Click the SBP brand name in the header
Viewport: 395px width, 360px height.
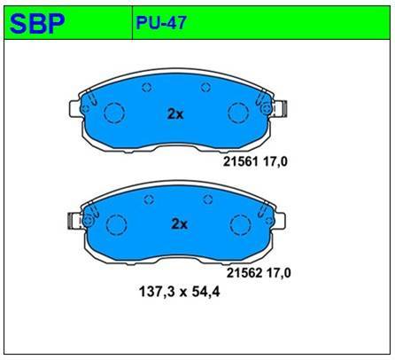coord(37,24)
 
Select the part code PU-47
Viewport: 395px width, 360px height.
coord(161,22)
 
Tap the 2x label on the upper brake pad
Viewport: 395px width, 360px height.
coord(175,113)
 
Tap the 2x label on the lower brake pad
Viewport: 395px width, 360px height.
coord(180,224)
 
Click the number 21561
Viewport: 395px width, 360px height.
coord(241,161)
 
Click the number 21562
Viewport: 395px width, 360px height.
coord(244,273)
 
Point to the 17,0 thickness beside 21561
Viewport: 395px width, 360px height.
coord(275,162)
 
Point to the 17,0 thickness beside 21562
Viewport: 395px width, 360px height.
coord(278,273)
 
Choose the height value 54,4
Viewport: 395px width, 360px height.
coord(205,293)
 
